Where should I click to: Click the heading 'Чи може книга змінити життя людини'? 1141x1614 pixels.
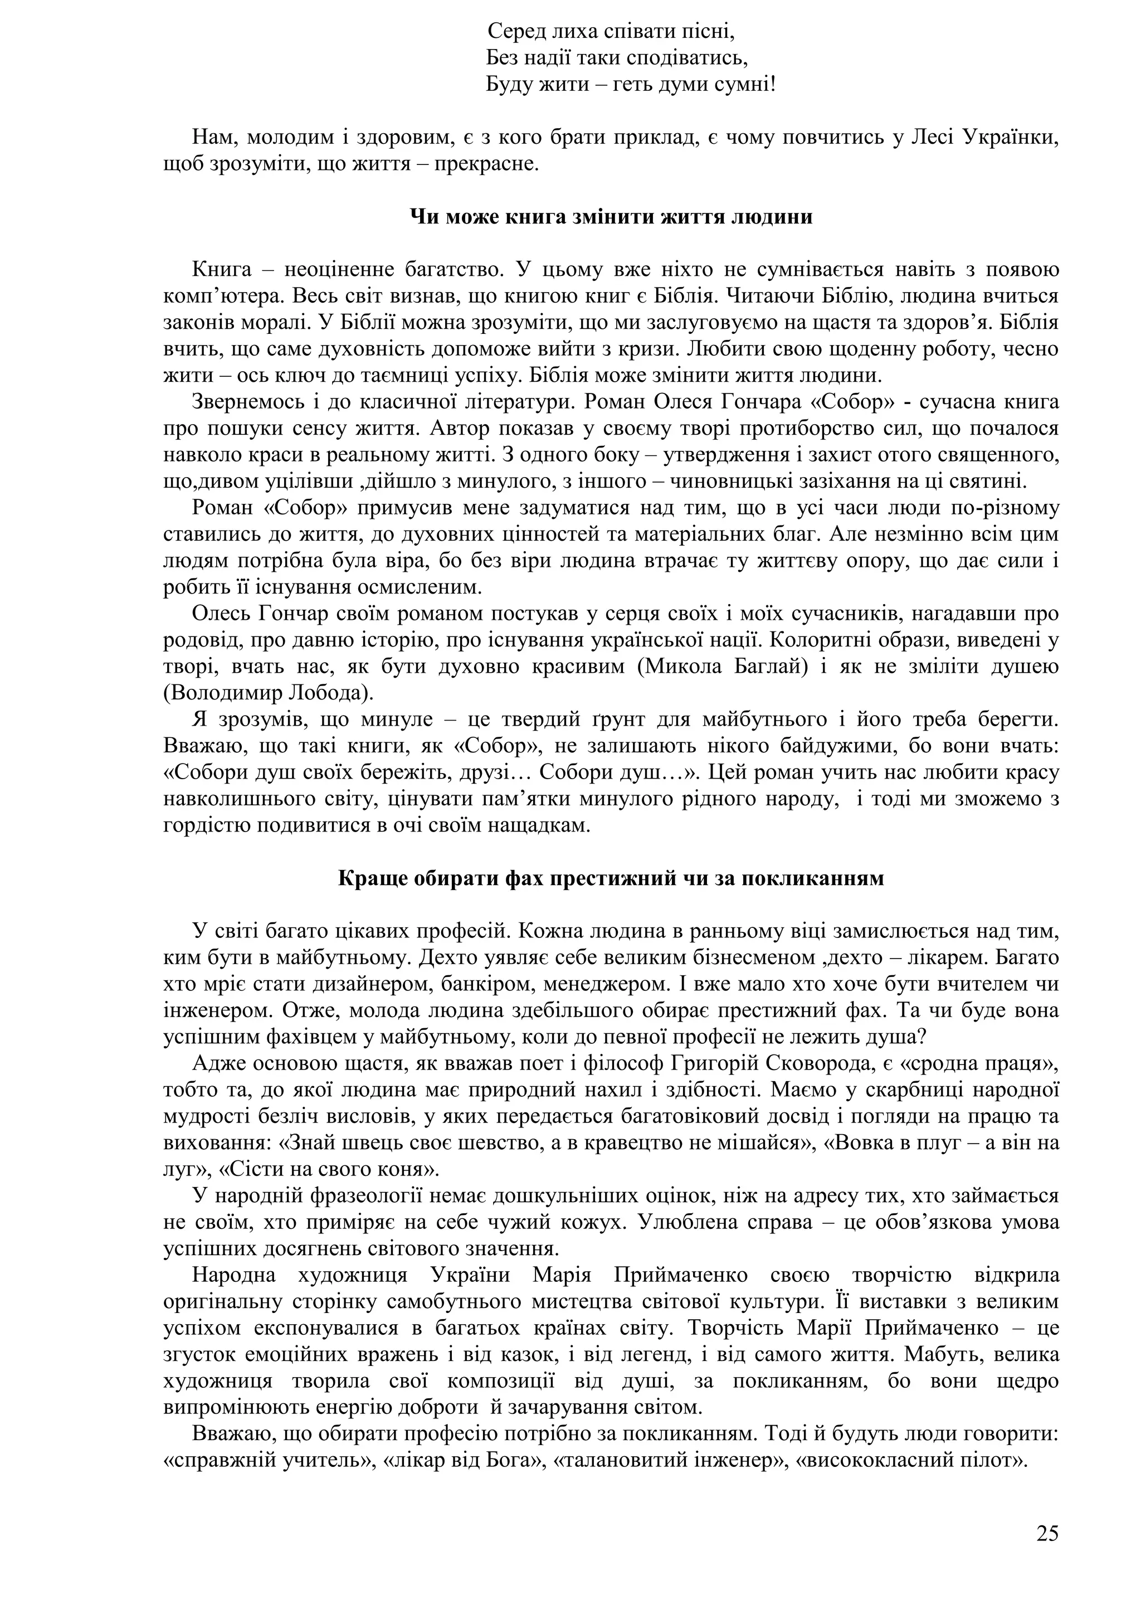point(611,217)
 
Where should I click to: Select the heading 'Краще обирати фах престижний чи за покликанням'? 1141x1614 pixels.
point(611,879)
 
